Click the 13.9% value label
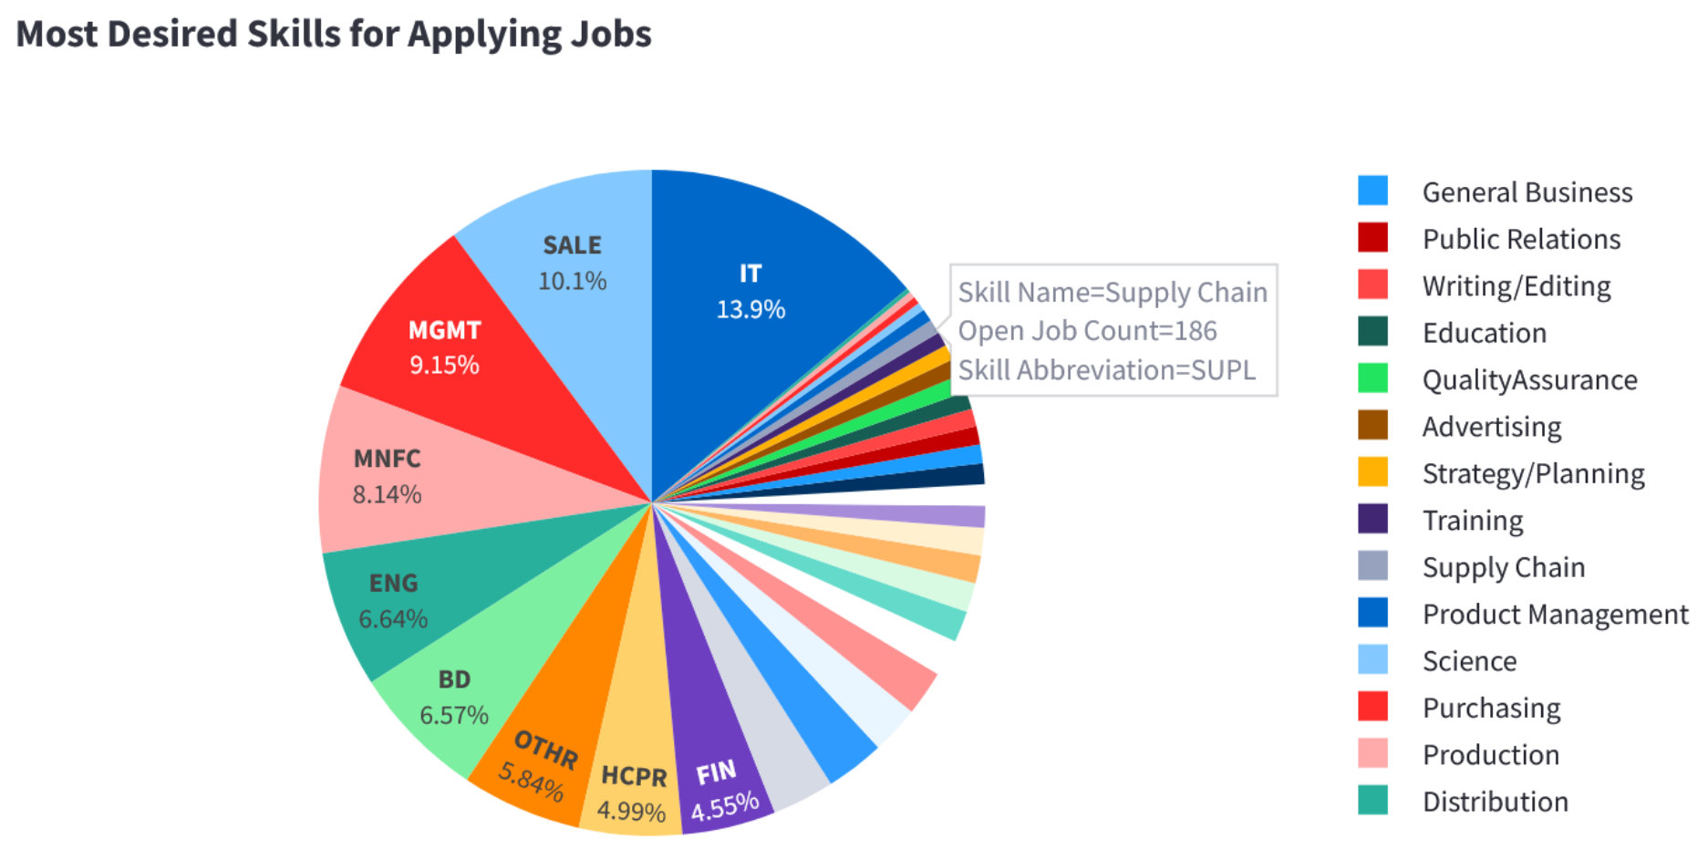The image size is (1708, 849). coord(750,309)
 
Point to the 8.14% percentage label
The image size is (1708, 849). coord(387,494)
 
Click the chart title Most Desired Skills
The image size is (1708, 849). coord(334,35)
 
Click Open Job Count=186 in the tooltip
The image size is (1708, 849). coord(1087,331)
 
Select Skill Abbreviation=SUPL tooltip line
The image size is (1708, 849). coord(1106,370)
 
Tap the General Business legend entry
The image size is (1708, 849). coord(1527,192)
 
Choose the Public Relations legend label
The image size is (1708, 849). coord(1521,239)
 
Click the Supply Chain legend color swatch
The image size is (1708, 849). coord(1372,566)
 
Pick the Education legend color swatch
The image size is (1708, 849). coord(1372,332)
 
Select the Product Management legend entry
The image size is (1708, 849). coord(1555,614)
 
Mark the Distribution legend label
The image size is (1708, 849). coord(1495,802)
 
